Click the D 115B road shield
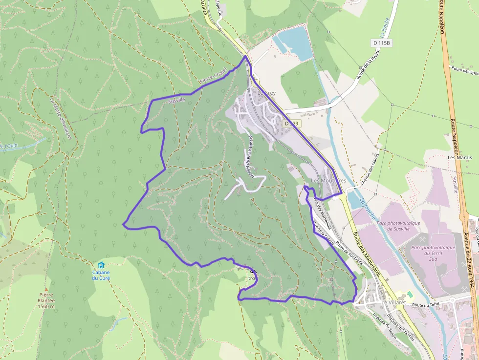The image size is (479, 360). click(x=382, y=43)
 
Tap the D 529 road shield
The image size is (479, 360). click(x=291, y=124)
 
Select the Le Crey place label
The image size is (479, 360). click(x=266, y=93)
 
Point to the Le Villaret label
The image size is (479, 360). click(x=393, y=303)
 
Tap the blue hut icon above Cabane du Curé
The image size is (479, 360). click(x=101, y=265)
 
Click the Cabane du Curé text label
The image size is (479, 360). click(x=101, y=275)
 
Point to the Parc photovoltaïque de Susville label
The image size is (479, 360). click(x=398, y=226)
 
